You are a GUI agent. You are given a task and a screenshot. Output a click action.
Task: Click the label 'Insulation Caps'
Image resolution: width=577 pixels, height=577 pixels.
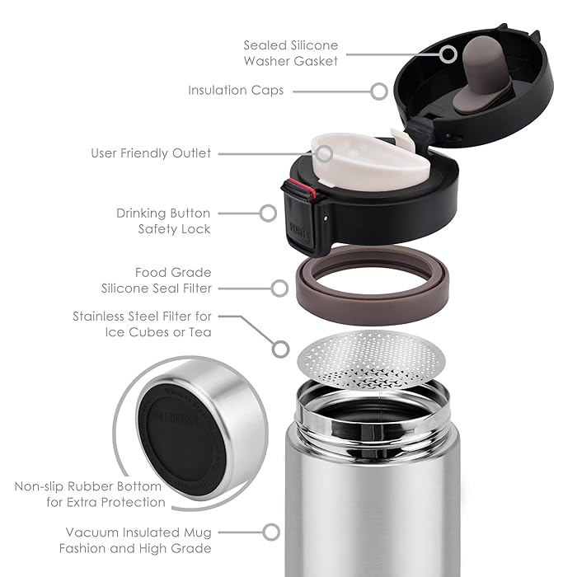click(x=236, y=91)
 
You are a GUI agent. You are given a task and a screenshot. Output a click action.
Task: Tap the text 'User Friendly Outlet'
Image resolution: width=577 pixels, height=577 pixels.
click(x=151, y=153)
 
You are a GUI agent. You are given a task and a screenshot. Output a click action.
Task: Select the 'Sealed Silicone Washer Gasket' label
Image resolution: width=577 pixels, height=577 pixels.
click(x=291, y=53)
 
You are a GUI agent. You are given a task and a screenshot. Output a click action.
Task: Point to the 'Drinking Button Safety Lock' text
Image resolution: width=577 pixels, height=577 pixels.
click(x=163, y=221)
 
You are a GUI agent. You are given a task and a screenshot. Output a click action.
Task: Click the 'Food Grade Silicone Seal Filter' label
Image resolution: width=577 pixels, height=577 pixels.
click(x=157, y=280)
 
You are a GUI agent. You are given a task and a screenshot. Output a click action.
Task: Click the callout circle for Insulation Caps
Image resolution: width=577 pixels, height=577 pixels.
click(x=379, y=91)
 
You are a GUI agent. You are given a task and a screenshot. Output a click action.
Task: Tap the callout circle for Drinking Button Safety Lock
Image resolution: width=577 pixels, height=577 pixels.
click(x=268, y=213)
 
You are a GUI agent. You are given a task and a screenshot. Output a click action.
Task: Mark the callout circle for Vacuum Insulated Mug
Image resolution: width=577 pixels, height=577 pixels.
click(x=271, y=532)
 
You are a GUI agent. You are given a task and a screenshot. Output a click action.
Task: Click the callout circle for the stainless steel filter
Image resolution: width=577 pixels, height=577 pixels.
click(x=281, y=349)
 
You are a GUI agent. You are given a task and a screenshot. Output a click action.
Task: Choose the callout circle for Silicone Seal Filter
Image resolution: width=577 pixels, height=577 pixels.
click(x=279, y=288)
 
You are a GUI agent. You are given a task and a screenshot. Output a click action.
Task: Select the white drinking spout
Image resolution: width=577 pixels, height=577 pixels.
click(x=370, y=161)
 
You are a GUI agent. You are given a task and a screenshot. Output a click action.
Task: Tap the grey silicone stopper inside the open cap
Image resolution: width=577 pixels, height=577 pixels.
click(x=479, y=75)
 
